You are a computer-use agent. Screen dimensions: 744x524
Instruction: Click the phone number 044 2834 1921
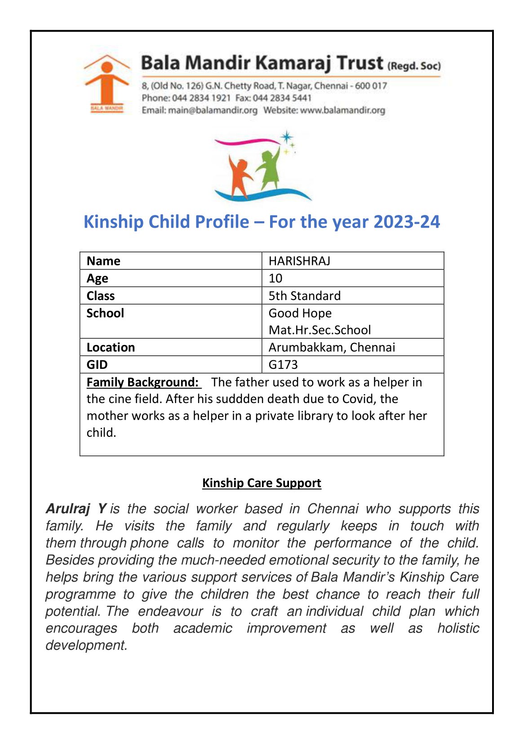(x=201, y=98)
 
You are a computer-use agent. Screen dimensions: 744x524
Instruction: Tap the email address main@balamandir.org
(x=213, y=110)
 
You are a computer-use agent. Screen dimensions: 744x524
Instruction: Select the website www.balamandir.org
(x=342, y=110)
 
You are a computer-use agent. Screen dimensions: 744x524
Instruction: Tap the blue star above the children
(x=286, y=137)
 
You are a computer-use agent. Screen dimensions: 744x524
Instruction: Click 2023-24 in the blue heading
(x=406, y=222)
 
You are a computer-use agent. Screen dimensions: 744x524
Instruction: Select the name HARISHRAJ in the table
(x=299, y=261)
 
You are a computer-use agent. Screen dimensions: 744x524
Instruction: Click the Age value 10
(x=275, y=278)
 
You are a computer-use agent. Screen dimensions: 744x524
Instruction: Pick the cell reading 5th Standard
(x=305, y=296)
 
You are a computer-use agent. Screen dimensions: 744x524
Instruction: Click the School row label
(x=105, y=313)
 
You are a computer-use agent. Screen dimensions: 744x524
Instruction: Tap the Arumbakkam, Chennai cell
(x=332, y=347)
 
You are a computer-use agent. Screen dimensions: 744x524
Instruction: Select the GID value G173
(x=283, y=364)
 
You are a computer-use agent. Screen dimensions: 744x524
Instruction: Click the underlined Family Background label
(x=143, y=382)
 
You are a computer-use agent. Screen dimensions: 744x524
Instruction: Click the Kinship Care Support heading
(x=262, y=483)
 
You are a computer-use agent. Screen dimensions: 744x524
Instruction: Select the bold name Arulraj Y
(x=76, y=509)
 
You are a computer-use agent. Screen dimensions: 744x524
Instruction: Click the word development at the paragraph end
(x=86, y=645)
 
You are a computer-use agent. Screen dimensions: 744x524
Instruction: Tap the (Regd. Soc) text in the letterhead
(x=414, y=66)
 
